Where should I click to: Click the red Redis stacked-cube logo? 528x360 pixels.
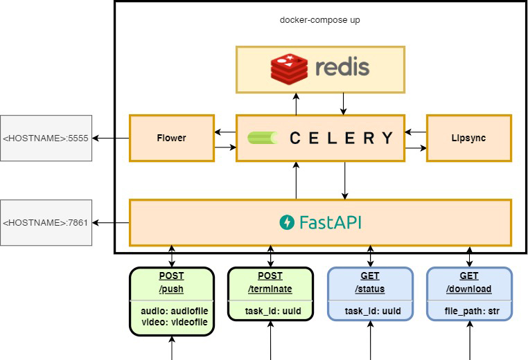click(289, 69)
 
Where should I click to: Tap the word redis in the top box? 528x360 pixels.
click(342, 67)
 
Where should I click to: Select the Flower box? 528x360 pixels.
click(172, 138)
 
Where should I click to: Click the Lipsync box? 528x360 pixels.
click(469, 138)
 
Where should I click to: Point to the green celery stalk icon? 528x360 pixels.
click(263, 138)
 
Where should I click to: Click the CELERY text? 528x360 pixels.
click(341, 138)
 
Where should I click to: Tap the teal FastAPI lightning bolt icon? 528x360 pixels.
click(287, 222)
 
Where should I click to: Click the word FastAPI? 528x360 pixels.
click(331, 222)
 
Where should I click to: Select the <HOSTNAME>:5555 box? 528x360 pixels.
click(46, 138)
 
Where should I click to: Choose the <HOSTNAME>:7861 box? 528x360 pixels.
click(46, 223)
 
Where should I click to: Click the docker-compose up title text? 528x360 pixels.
click(320, 20)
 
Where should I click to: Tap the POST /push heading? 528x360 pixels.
click(171, 282)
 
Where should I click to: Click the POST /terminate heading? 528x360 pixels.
click(270, 282)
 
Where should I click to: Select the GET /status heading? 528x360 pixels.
click(370, 282)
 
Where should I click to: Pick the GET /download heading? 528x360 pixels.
click(468, 282)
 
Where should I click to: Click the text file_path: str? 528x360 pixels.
click(472, 312)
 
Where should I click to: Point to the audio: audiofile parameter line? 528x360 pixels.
click(175, 311)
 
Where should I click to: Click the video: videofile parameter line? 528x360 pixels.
click(175, 322)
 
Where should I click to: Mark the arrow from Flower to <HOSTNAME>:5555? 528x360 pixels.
click(111, 138)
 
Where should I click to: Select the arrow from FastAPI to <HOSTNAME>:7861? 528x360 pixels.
click(111, 223)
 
